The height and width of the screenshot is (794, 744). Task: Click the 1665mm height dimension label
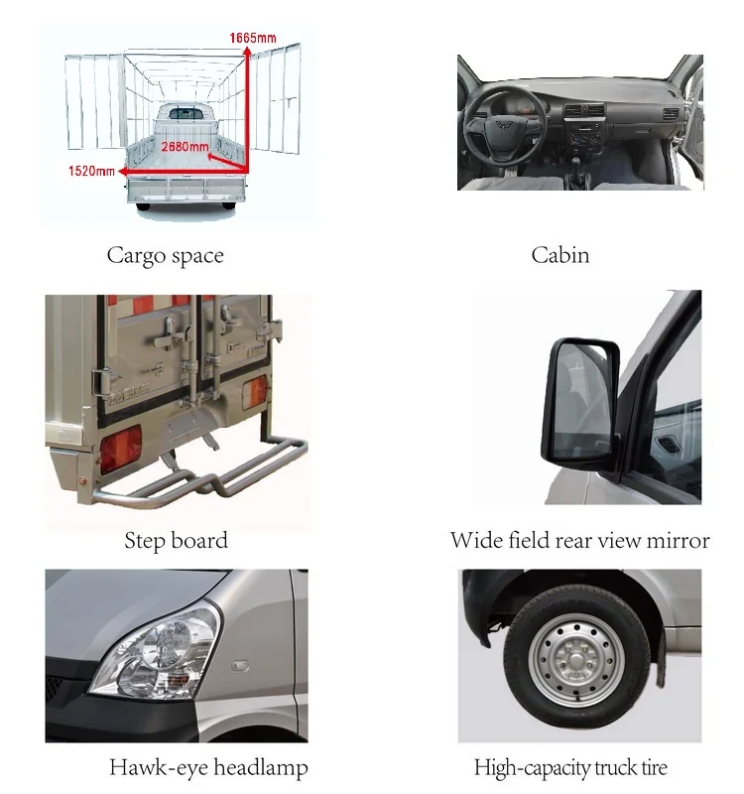coord(253,38)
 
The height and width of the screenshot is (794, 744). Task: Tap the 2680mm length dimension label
coord(185,147)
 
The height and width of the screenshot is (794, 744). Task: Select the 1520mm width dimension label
coord(91,171)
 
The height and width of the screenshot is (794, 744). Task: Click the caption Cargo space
coord(165,256)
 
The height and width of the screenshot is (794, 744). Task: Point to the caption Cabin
coord(560,255)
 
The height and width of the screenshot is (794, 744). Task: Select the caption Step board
coord(176,541)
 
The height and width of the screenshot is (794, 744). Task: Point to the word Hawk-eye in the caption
coord(147,768)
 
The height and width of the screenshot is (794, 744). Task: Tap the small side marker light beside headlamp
coord(240,665)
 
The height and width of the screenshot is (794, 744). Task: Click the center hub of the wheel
coord(576,660)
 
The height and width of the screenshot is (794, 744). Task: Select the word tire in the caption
coord(655,767)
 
